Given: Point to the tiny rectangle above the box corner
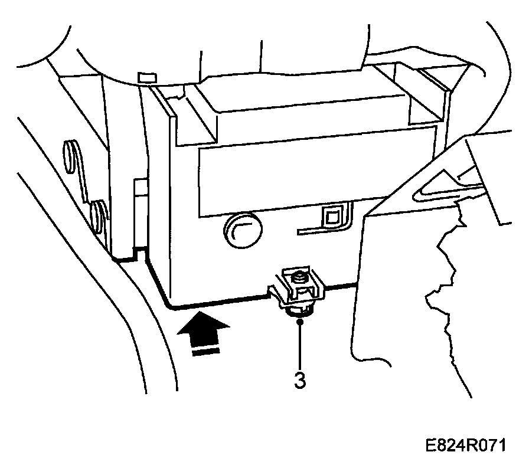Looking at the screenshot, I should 145,77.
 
